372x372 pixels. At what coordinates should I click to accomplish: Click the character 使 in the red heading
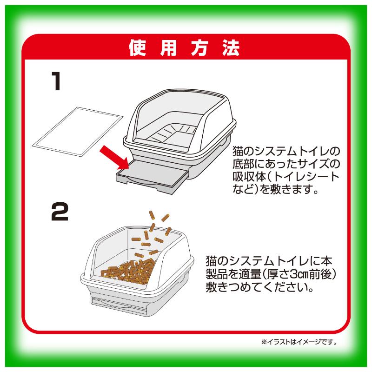137,48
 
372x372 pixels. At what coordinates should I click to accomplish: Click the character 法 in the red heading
231,48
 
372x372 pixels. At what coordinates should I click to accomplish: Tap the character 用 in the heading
168,48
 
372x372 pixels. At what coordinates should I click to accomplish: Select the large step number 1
56,81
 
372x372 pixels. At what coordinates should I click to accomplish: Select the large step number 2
60,212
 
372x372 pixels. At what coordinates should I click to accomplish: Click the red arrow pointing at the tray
114,157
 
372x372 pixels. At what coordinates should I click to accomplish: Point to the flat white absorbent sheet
78,132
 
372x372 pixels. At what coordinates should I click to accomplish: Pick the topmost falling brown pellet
152,215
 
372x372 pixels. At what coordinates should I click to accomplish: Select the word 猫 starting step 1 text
238,152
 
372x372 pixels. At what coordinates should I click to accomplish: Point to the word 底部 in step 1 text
243,164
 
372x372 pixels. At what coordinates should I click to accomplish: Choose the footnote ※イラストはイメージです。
299,342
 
